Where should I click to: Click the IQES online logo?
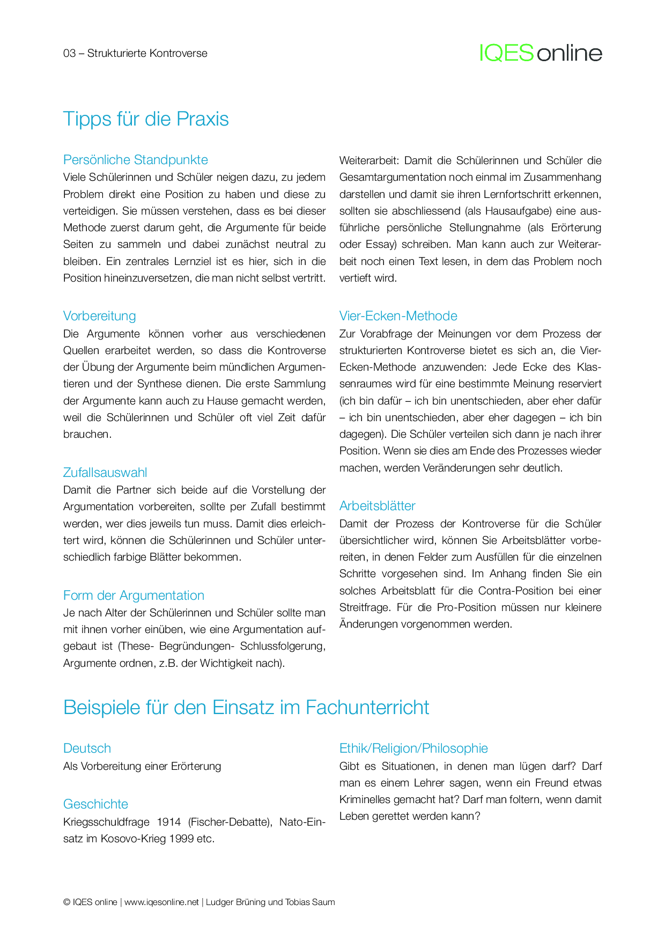(541, 53)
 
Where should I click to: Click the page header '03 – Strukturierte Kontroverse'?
(135, 53)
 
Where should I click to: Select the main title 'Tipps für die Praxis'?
(146, 119)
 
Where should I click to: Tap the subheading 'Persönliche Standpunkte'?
(135, 160)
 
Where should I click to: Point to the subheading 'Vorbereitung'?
(99, 316)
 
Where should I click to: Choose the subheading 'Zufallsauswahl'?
(105, 473)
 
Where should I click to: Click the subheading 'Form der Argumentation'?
(134, 596)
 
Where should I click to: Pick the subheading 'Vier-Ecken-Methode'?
(398, 316)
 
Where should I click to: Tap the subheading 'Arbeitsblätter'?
(377, 506)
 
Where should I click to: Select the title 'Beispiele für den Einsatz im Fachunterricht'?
(246, 708)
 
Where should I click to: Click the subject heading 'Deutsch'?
(87, 748)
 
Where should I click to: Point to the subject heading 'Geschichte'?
(95, 804)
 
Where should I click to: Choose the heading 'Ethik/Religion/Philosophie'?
(413, 748)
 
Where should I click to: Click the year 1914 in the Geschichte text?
(169, 822)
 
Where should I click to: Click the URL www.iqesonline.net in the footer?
(161, 902)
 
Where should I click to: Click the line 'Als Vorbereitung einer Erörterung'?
(142, 766)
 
